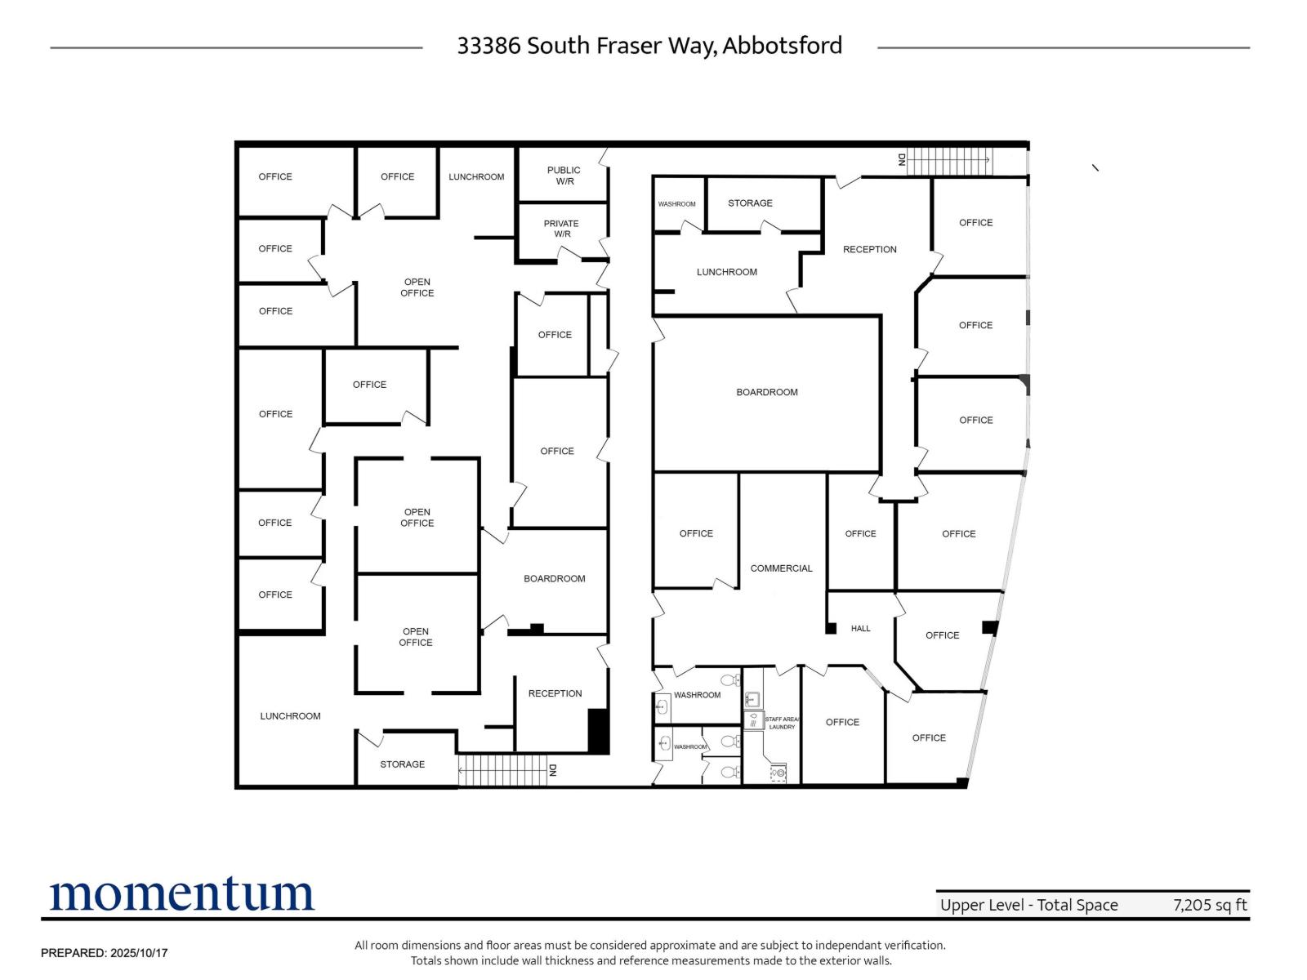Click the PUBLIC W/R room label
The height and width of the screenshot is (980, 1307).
pos(564,176)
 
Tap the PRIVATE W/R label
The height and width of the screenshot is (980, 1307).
pos(561,229)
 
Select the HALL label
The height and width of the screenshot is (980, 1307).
pos(860,628)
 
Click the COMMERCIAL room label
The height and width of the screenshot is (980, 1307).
pos(781,568)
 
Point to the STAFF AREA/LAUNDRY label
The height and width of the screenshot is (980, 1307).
pos(782,723)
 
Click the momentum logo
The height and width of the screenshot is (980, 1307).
pos(181,893)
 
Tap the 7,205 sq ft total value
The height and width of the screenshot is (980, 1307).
pos(1210,905)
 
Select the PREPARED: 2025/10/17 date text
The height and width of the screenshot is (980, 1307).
pos(105,953)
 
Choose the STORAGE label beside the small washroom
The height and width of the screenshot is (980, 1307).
pos(750,203)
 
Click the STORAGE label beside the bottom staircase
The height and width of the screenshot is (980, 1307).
pos(403,764)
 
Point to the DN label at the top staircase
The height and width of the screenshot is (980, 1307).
pos(902,159)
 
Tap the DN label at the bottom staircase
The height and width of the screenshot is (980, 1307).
pos(552,771)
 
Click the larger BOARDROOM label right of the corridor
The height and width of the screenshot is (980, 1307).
pos(767,392)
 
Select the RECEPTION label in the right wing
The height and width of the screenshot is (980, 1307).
pos(869,249)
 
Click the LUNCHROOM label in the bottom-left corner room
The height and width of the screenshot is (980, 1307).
pos(290,716)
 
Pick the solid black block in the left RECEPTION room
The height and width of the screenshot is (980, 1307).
pos(598,731)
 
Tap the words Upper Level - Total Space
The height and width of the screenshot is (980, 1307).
pos(1029,905)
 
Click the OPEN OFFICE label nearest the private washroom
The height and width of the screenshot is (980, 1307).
pos(417,287)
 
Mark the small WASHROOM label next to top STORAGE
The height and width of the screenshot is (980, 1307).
pos(676,204)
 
